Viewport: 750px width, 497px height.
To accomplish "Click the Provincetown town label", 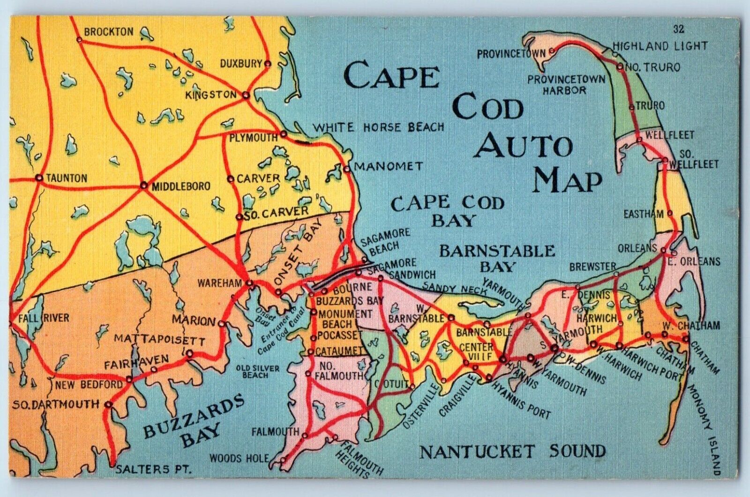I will [x=511, y=54].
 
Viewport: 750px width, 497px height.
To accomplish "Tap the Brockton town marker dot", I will [x=79, y=40].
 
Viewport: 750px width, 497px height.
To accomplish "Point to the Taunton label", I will [x=66, y=178].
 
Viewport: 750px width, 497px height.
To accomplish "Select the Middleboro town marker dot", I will [x=143, y=185].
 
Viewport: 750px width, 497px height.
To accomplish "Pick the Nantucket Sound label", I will [x=512, y=452].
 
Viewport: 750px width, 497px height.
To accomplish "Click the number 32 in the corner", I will [x=678, y=30].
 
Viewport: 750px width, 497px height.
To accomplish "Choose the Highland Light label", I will [x=660, y=46].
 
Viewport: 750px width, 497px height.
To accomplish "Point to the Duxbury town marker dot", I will [x=268, y=64].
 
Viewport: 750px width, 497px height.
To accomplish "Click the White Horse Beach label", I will [x=378, y=127].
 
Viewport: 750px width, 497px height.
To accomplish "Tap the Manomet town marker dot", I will [x=346, y=169].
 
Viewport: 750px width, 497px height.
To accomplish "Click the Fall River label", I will [x=43, y=318].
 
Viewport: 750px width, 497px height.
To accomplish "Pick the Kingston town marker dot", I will [x=245, y=96].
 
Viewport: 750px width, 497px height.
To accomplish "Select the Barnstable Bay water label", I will [x=497, y=258].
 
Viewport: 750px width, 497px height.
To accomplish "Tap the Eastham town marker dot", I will [x=669, y=213].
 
